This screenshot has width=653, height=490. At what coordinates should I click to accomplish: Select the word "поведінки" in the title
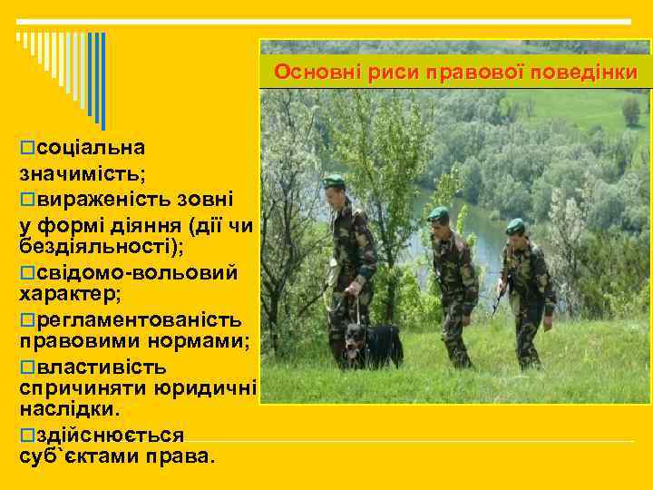590,72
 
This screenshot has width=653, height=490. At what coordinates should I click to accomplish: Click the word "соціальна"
87,146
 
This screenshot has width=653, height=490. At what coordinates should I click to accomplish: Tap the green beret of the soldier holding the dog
335,180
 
